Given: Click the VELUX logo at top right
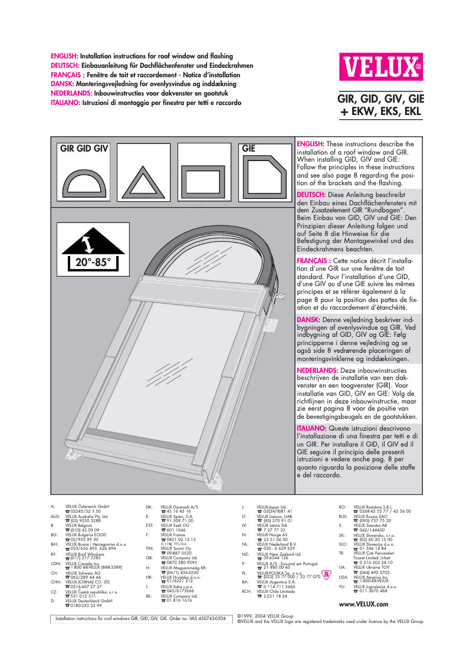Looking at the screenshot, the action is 380,67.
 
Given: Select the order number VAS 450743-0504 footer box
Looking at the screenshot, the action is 140,619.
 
